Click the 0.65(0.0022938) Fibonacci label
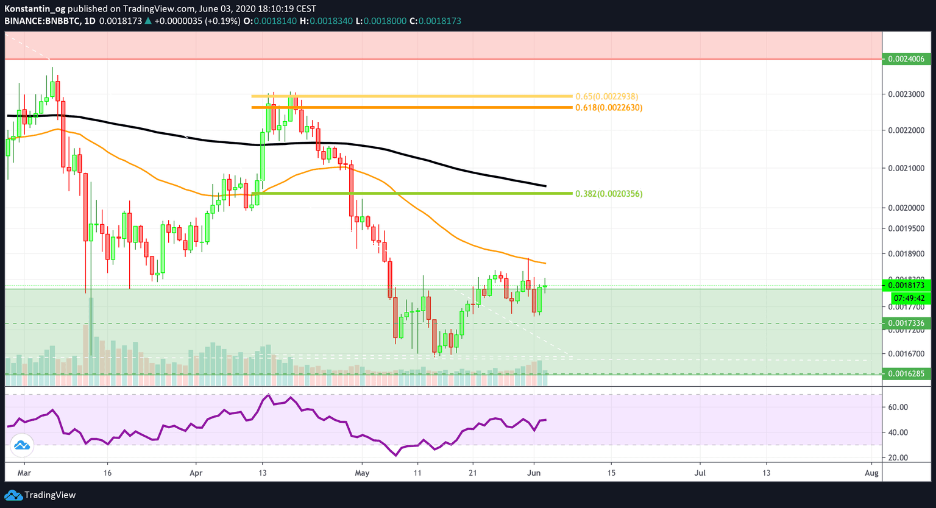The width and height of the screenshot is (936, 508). (x=607, y=96)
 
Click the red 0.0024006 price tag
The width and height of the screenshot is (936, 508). (x=906, y=59)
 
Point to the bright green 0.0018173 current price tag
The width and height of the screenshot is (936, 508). (x=906, y=285)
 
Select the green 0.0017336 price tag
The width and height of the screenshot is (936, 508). (x=906, y=323)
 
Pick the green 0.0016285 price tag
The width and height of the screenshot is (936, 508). (x=906, y=373)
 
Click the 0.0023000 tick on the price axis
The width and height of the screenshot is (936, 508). (x=906, y=94)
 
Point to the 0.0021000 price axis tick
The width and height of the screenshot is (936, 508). (x=906, y=168)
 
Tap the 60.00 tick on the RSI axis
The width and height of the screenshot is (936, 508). (x=898, y=407)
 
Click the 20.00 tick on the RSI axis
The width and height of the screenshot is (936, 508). (x=898, y=457)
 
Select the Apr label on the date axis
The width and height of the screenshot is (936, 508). (x=196, y=473)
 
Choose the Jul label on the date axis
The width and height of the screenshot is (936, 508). (x=700, y=473)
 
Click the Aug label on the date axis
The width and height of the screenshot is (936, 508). (x=872, y=473)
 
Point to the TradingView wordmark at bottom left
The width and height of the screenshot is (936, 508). (x=50, y=495)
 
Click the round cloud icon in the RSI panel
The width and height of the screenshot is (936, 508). (x=22, y=445)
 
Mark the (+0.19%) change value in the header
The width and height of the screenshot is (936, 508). (x=223, y=21)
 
